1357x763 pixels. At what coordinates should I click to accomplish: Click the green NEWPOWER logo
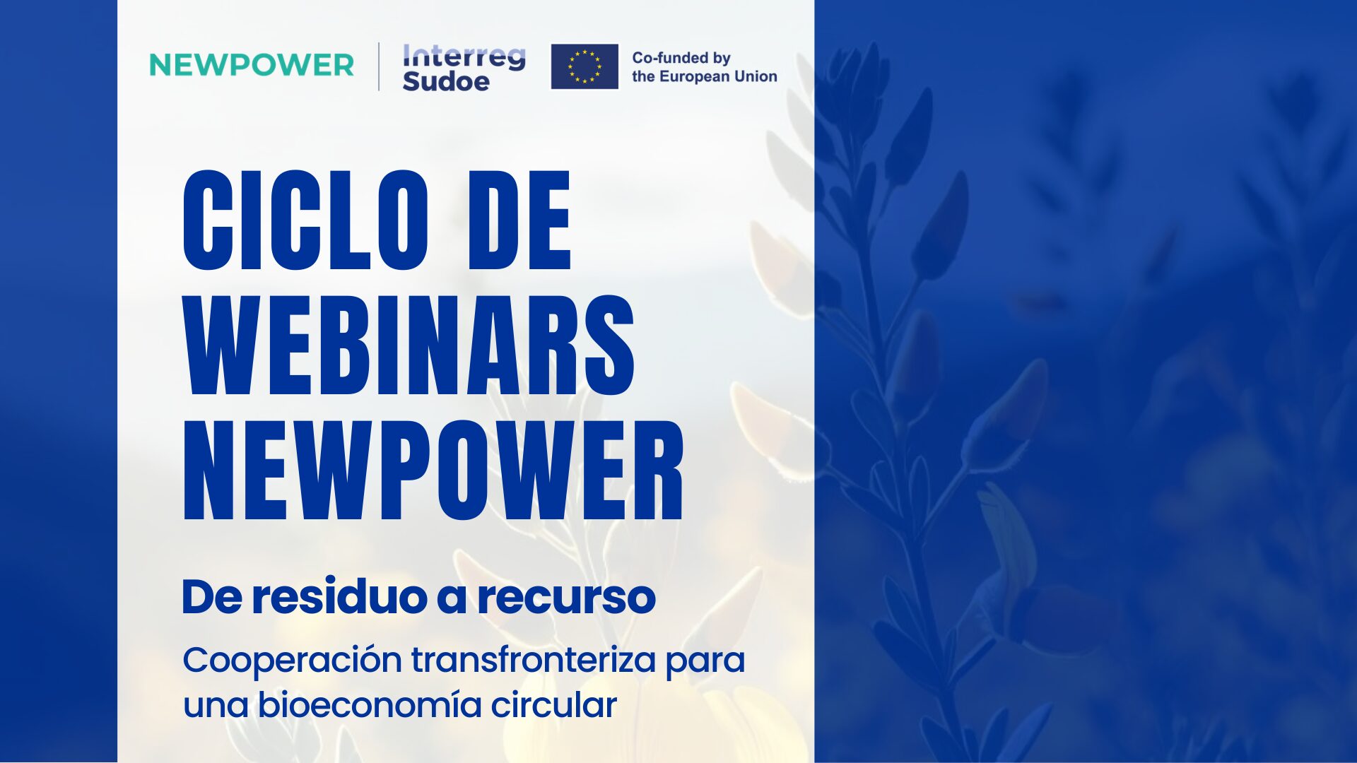[251, 65]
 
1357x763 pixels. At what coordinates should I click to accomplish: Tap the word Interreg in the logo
[464, 57]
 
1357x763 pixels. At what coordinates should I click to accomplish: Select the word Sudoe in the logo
[446, 81]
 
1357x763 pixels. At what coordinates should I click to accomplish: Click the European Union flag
[584, 66]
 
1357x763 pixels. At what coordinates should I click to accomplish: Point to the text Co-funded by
[681, 58]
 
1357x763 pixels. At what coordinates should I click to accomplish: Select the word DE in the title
[519, 220]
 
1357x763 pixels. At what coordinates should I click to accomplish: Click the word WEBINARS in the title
[409, 345]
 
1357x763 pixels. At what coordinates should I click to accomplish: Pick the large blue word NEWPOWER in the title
[433, 471]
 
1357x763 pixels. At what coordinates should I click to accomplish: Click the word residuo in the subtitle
[340, 597]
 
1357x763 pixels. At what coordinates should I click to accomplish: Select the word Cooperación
[293, 661]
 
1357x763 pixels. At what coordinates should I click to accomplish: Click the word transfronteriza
[534, 660]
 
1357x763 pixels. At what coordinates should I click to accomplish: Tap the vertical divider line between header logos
[379, 67]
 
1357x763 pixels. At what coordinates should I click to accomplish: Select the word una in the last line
[216, 707]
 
